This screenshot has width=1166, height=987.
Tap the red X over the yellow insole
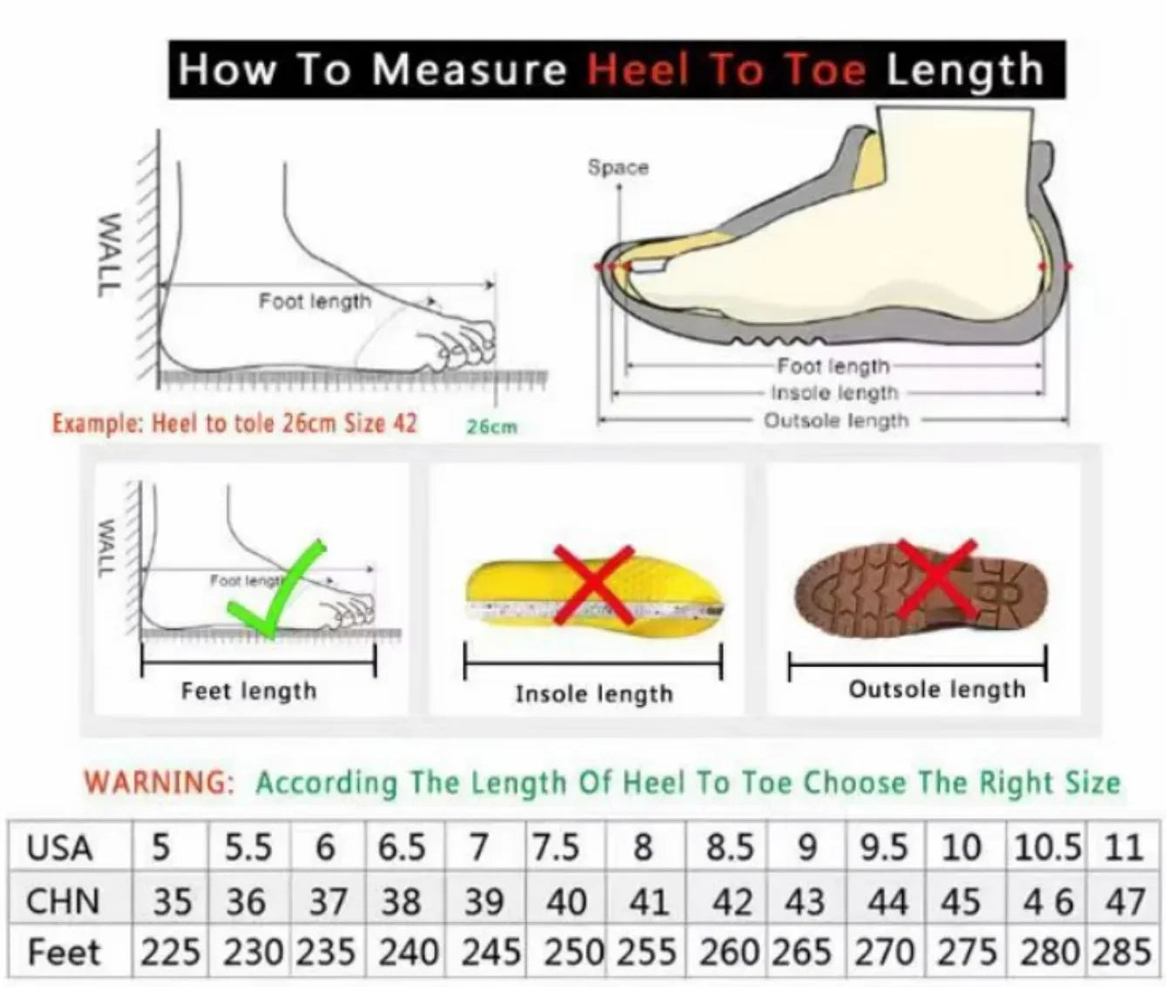click(x=594, y=585)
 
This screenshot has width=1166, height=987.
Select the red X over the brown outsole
click(x=935, y=579)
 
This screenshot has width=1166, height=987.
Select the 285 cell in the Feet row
click(x=1121, y=952)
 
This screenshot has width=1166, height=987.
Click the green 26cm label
click(x=492, y=427)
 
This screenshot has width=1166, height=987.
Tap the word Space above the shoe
click(x=619, y=167)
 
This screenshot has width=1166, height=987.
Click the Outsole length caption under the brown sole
click(x=936, y=689)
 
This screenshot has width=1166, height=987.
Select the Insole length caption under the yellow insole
click(x=594, y=694)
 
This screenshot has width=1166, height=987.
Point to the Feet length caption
click(x=249, y=691)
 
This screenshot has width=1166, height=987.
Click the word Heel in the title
click(x=637, y=70)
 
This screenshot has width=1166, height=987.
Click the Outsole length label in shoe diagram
click(x=836, y=421)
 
